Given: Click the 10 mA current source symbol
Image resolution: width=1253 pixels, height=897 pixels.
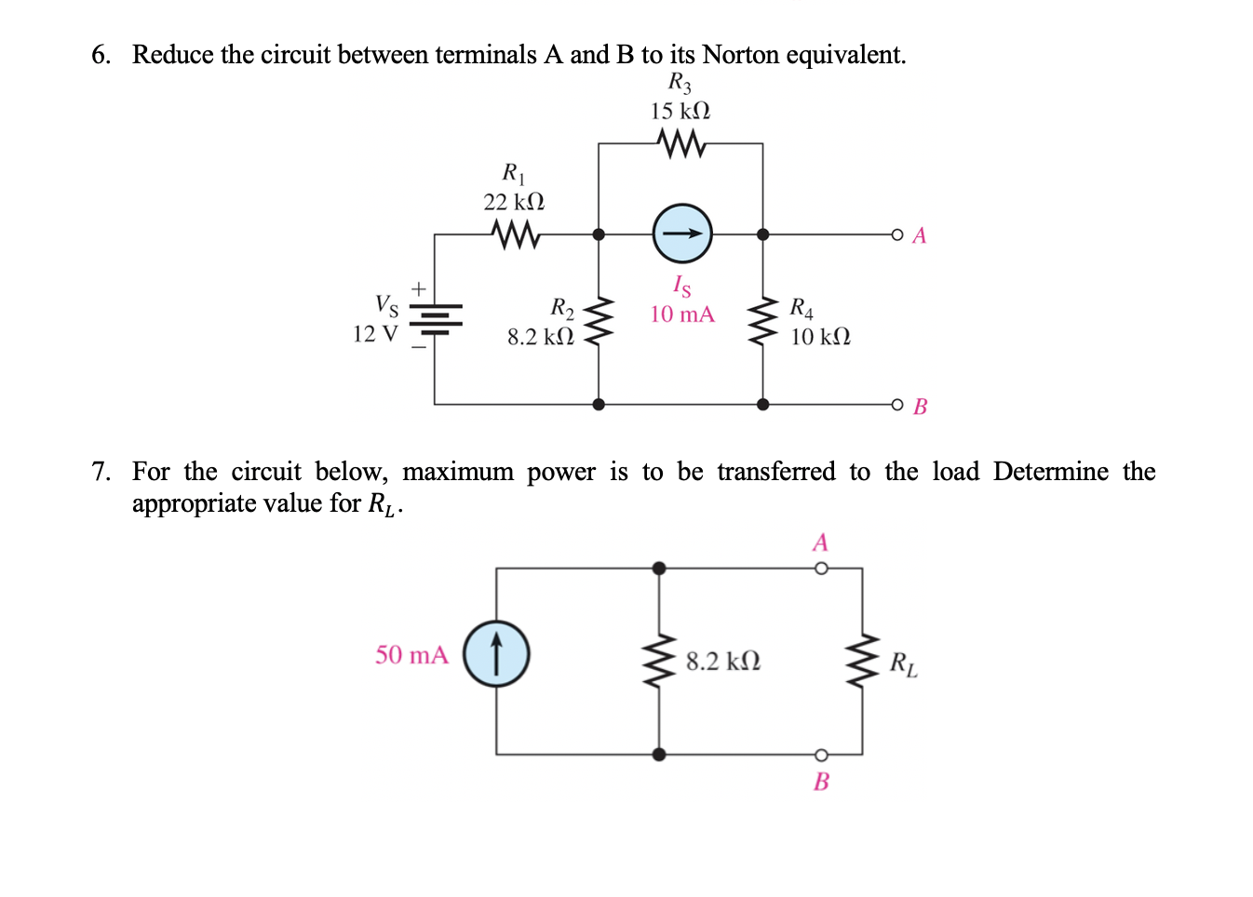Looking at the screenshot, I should coord(682,234).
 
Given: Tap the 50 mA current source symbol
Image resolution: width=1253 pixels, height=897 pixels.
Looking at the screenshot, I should coord(496,653).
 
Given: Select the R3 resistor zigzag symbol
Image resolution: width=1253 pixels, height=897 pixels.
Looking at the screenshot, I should coord(680,143).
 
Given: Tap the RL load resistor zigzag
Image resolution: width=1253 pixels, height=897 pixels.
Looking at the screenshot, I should coord(862,661).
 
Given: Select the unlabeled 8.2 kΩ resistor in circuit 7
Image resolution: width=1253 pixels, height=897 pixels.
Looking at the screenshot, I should coord(659,661).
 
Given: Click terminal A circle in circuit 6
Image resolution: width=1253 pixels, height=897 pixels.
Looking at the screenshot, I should coord(896,234).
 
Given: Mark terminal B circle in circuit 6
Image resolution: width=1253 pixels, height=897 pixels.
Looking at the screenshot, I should coord(896,405).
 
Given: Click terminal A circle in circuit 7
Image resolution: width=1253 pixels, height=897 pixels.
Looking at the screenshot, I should coord(820,568).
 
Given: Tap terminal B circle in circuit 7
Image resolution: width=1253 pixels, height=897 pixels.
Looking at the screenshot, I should coord(820,755).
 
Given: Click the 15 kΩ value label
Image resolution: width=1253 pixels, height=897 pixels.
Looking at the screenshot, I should coord(680,112).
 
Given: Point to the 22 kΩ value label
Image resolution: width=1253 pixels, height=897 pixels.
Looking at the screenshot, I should coord(514,202).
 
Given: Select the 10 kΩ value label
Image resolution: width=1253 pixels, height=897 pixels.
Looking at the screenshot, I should coord(820,337).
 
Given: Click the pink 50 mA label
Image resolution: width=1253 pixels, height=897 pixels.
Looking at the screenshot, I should coord(411,655).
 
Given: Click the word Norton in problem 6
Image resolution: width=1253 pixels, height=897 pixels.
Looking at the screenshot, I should coord(740,55).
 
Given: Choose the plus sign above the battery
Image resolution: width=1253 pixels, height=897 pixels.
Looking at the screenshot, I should coord(419,289).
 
